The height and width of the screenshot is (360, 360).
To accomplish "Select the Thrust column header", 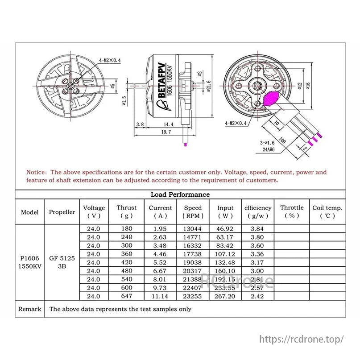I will coord(127,211).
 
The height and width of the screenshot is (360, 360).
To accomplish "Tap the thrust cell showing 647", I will coord(127,296).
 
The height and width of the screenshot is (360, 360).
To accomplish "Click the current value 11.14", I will coord(160,296).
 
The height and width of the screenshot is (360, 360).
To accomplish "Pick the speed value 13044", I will coord(193,228).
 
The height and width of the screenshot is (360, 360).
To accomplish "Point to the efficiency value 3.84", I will coord(257,228).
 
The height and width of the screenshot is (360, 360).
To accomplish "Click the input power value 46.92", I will coord(225,228).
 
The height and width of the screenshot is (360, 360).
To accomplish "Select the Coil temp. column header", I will coord(327,211).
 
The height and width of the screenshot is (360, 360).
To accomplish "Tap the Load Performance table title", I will coord(180,194).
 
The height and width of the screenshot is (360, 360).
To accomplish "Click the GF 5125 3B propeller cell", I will coord(62,262).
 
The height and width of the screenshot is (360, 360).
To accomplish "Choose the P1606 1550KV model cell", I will coord(30,262).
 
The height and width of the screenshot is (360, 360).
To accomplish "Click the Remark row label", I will coord(30,309).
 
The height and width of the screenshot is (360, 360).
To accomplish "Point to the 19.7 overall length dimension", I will coord(166,132).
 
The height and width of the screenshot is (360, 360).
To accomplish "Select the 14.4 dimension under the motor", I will coord(168,124).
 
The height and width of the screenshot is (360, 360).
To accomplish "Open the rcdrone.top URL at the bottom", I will coord(302,339).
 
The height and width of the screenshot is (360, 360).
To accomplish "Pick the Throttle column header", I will coord(291,211).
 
